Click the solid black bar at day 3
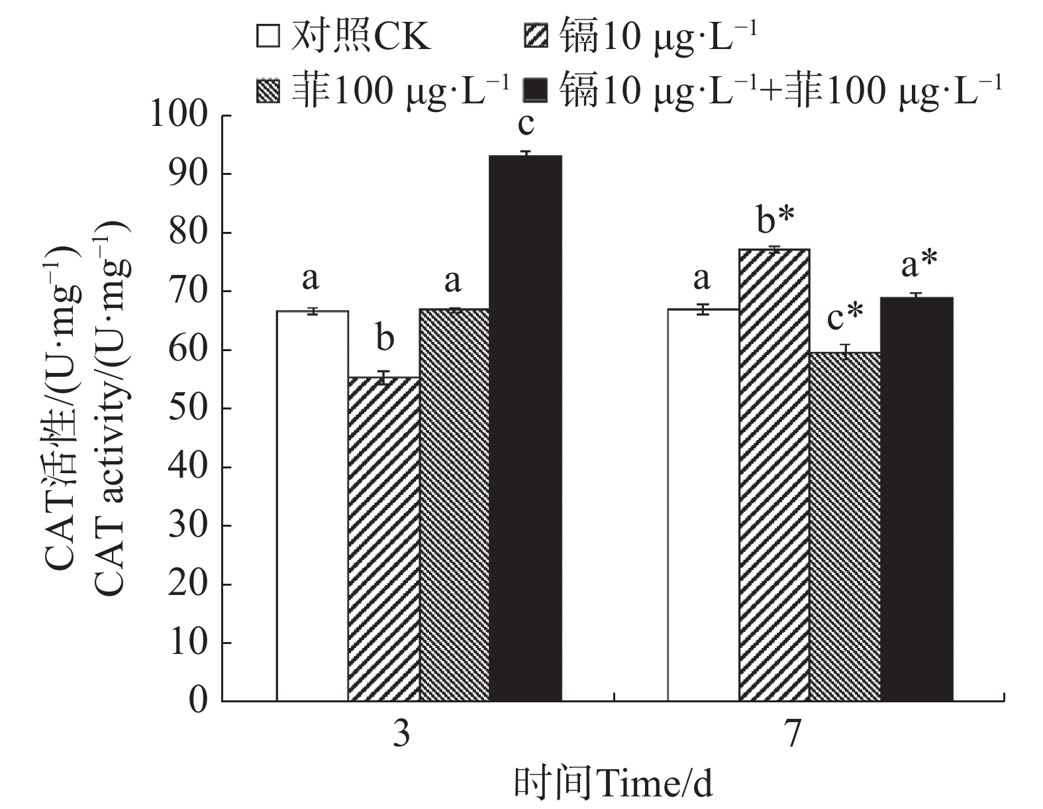(526, 428)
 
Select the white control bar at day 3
(313, 505)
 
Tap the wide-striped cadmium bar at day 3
(384, 538)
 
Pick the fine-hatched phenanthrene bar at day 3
(455, 505)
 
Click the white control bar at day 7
(703, 505)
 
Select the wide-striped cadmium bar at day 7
(774, 474)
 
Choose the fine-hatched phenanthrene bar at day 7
(846, 526)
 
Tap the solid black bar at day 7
(917, 498)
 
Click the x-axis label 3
(401, 736)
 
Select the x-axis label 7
(793, 736)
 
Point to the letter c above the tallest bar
(526, 123)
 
